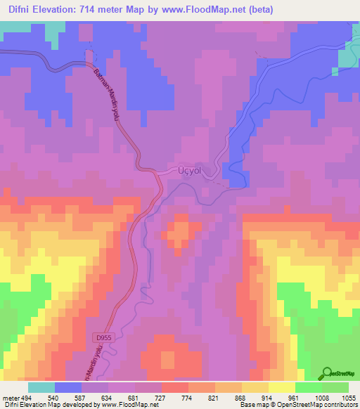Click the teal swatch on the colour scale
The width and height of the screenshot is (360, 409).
41,387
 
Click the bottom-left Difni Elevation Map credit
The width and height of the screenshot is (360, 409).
70,405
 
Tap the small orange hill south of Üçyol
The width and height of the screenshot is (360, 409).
178,231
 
